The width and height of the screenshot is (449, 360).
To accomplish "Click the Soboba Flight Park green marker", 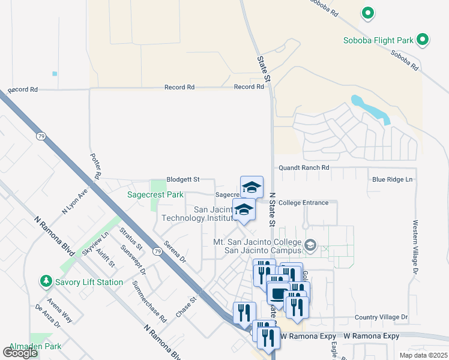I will tap(423, 40).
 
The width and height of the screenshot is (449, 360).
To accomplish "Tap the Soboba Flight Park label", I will tap(378, 40).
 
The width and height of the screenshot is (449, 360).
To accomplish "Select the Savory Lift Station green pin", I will tap(46, 281).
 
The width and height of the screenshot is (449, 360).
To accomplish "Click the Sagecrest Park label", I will tap(155, 194).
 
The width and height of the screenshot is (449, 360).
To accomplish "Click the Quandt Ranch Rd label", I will tap(304, 168).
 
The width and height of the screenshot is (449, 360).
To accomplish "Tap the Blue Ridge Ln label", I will tap(393, 179).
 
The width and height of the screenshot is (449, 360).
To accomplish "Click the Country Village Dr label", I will tap(381, 317).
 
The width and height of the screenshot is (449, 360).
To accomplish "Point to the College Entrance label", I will tap(303, 203).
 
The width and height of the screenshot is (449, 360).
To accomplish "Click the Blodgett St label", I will tap(182, 179).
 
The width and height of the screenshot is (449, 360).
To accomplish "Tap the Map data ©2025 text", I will tap(423, 355).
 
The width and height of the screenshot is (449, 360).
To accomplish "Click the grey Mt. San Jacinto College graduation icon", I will tap(310, 245).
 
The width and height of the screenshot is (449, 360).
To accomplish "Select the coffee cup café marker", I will tap(278, 293).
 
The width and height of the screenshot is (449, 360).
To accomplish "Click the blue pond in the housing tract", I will tap(372, 110).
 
